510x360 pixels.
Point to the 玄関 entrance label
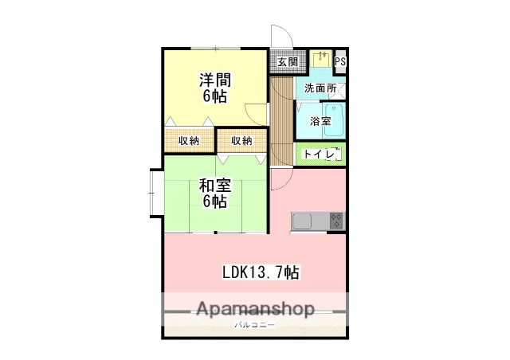tap(288, 61)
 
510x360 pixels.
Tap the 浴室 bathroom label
tap(321, 122)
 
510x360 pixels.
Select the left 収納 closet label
tap(189, 141)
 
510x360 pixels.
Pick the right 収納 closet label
tap(242, 141)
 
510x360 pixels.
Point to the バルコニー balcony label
tap(254, 325)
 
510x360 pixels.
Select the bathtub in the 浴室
tap(335, 121)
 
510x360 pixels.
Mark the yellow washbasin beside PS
tap(322, 60)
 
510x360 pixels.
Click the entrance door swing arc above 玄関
tap(280, 37)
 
